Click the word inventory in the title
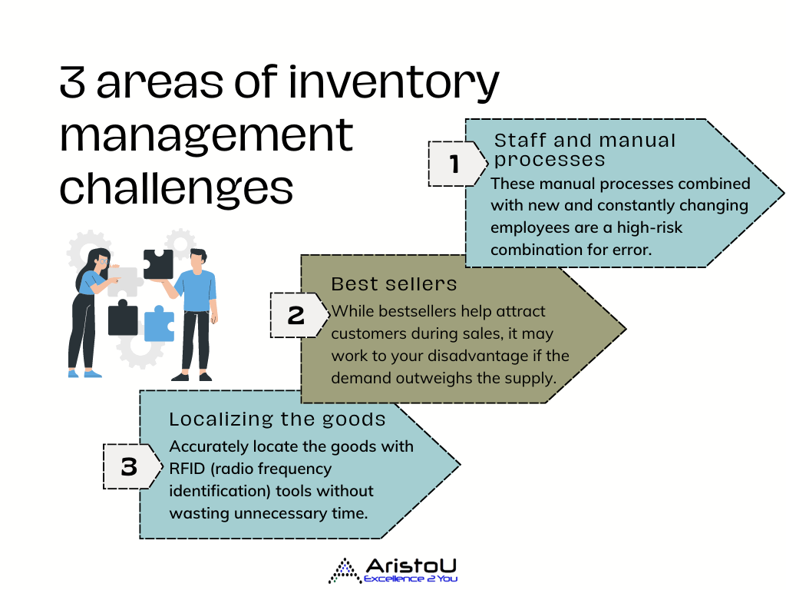[394, 83]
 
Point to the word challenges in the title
[177, 189]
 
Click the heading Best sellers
[394, 284]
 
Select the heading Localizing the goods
[277, 419]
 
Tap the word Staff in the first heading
[520, 141]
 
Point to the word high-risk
[649, 227]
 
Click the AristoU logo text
[411, 566]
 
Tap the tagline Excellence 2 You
[410, 579]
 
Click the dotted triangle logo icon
[345, 571]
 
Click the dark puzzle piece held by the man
[158, 264]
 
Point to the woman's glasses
[104, 261]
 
